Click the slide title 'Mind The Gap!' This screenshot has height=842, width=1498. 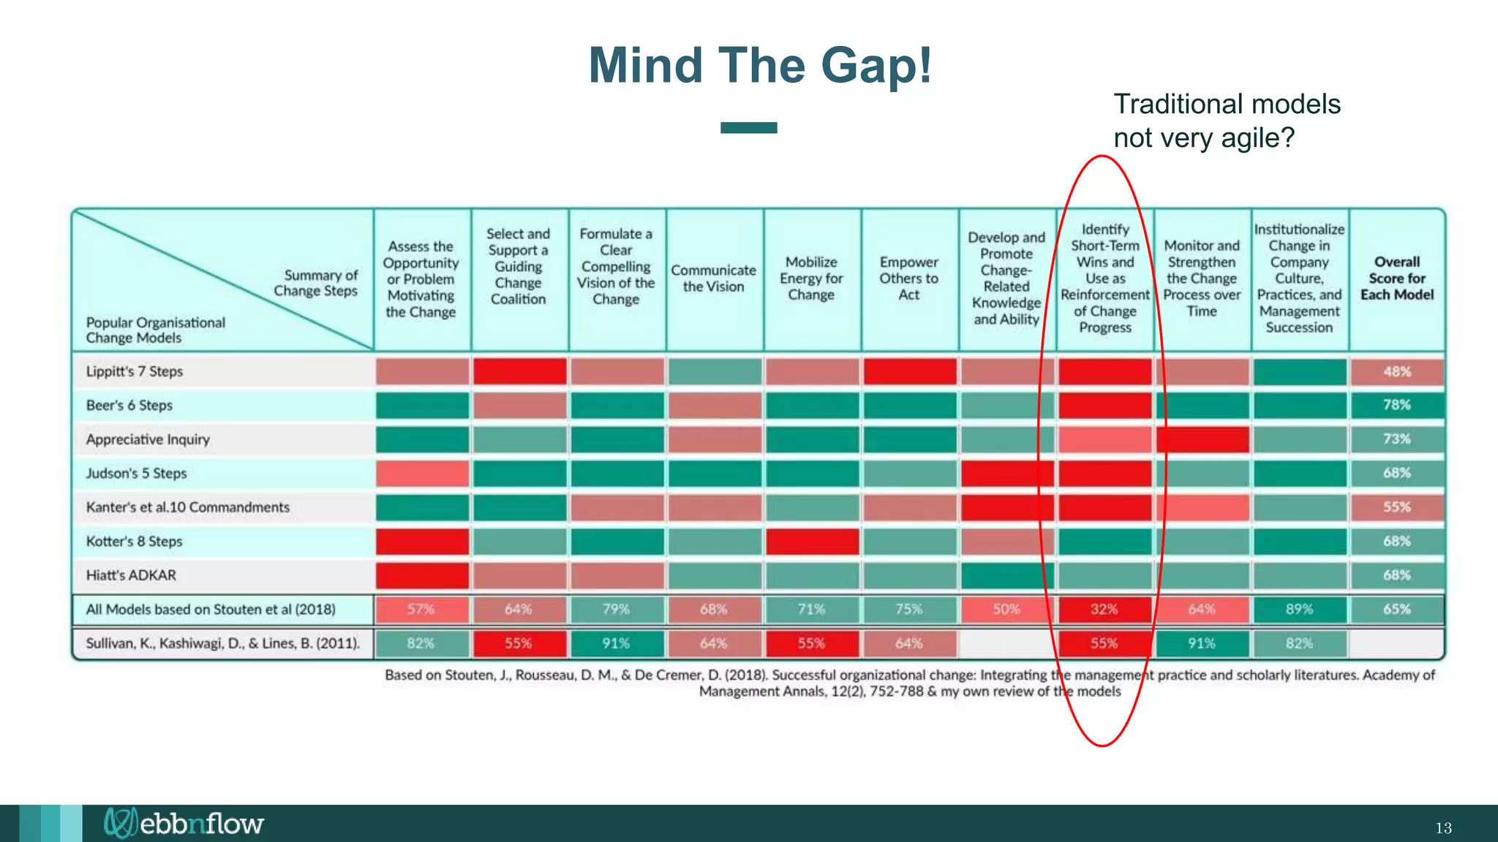(760, 66)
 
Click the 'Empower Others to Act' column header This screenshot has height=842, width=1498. (909, 278)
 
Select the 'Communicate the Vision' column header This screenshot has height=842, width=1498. (714, 278)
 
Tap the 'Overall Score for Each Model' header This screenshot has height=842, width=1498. (1397, 278)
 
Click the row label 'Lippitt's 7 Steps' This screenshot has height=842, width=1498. (135, 371)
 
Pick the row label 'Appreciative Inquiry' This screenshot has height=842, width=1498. (148, 439)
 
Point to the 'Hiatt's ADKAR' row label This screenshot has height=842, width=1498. (131, 575)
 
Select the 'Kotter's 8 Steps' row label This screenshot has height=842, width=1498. (135, 542)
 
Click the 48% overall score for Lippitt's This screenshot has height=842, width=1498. (1397, 371)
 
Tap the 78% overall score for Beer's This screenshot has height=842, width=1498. (1397, 405)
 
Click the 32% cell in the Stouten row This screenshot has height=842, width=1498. (1104, 610)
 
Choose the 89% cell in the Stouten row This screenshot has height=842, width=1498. (1299, 610)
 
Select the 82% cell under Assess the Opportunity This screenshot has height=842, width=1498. (421, 644)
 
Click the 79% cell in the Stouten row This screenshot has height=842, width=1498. (616, 610)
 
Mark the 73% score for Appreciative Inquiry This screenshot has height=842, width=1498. (1397, 439)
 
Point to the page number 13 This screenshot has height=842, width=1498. (1443, 828)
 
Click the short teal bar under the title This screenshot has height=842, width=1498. (748, 128)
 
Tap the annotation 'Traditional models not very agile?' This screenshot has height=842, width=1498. (1227, 121)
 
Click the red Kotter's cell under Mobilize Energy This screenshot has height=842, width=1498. (812, 542)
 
